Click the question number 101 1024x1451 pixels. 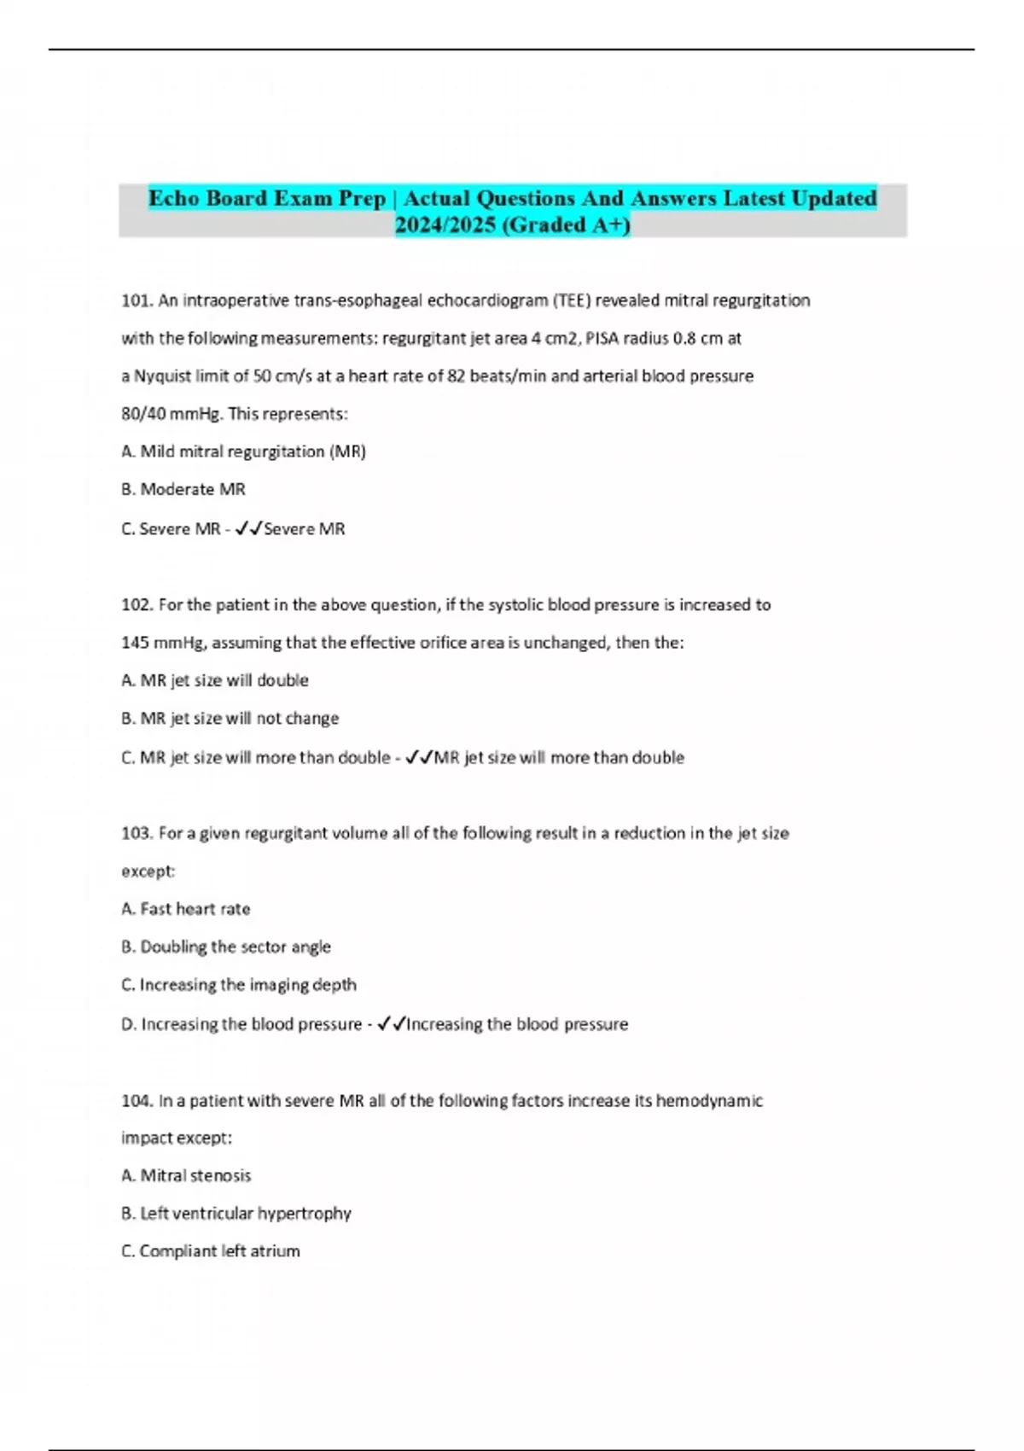tap(137, 300)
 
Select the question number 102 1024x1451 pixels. tap(137, 605)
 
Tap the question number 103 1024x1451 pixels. tap(137, 833)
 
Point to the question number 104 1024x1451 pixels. tap(137, 1101)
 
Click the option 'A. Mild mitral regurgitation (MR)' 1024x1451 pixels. tap(244, 452)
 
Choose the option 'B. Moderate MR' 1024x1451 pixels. tap(183, 490)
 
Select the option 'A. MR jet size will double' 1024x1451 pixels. tap(215, 680)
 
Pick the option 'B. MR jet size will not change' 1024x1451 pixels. tap(230, 719)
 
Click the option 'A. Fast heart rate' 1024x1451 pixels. tap(186, 909)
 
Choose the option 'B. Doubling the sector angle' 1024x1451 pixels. tap(226, 947)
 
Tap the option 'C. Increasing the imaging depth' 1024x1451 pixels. tap(239, 985)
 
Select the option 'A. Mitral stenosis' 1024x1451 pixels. tap(186, 1176)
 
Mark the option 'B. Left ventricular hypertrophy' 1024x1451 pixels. tap(236, 1214)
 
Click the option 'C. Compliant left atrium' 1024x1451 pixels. tap(211, 1251)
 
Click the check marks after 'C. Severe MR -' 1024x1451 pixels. tap(247, 529)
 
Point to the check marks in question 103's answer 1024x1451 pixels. tap(391, 1023)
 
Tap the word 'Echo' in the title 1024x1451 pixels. tap(173, 199)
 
